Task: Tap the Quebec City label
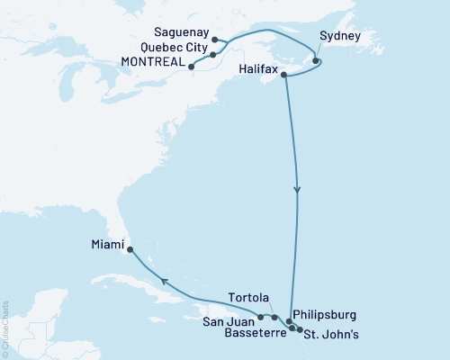tap(175, 48)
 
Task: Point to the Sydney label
tap(340, 37)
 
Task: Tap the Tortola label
tap(248, 299)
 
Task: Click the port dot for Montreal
tap(192, 65)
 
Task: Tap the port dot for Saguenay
tap(214, 39)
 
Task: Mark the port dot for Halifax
tap(285, 76)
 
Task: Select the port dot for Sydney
tap(316, 61)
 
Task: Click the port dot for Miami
tap(130, 249)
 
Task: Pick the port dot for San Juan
tap(260, 317)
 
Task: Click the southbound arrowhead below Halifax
tap(297, 190)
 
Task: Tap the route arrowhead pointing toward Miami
tap(164, 282)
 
